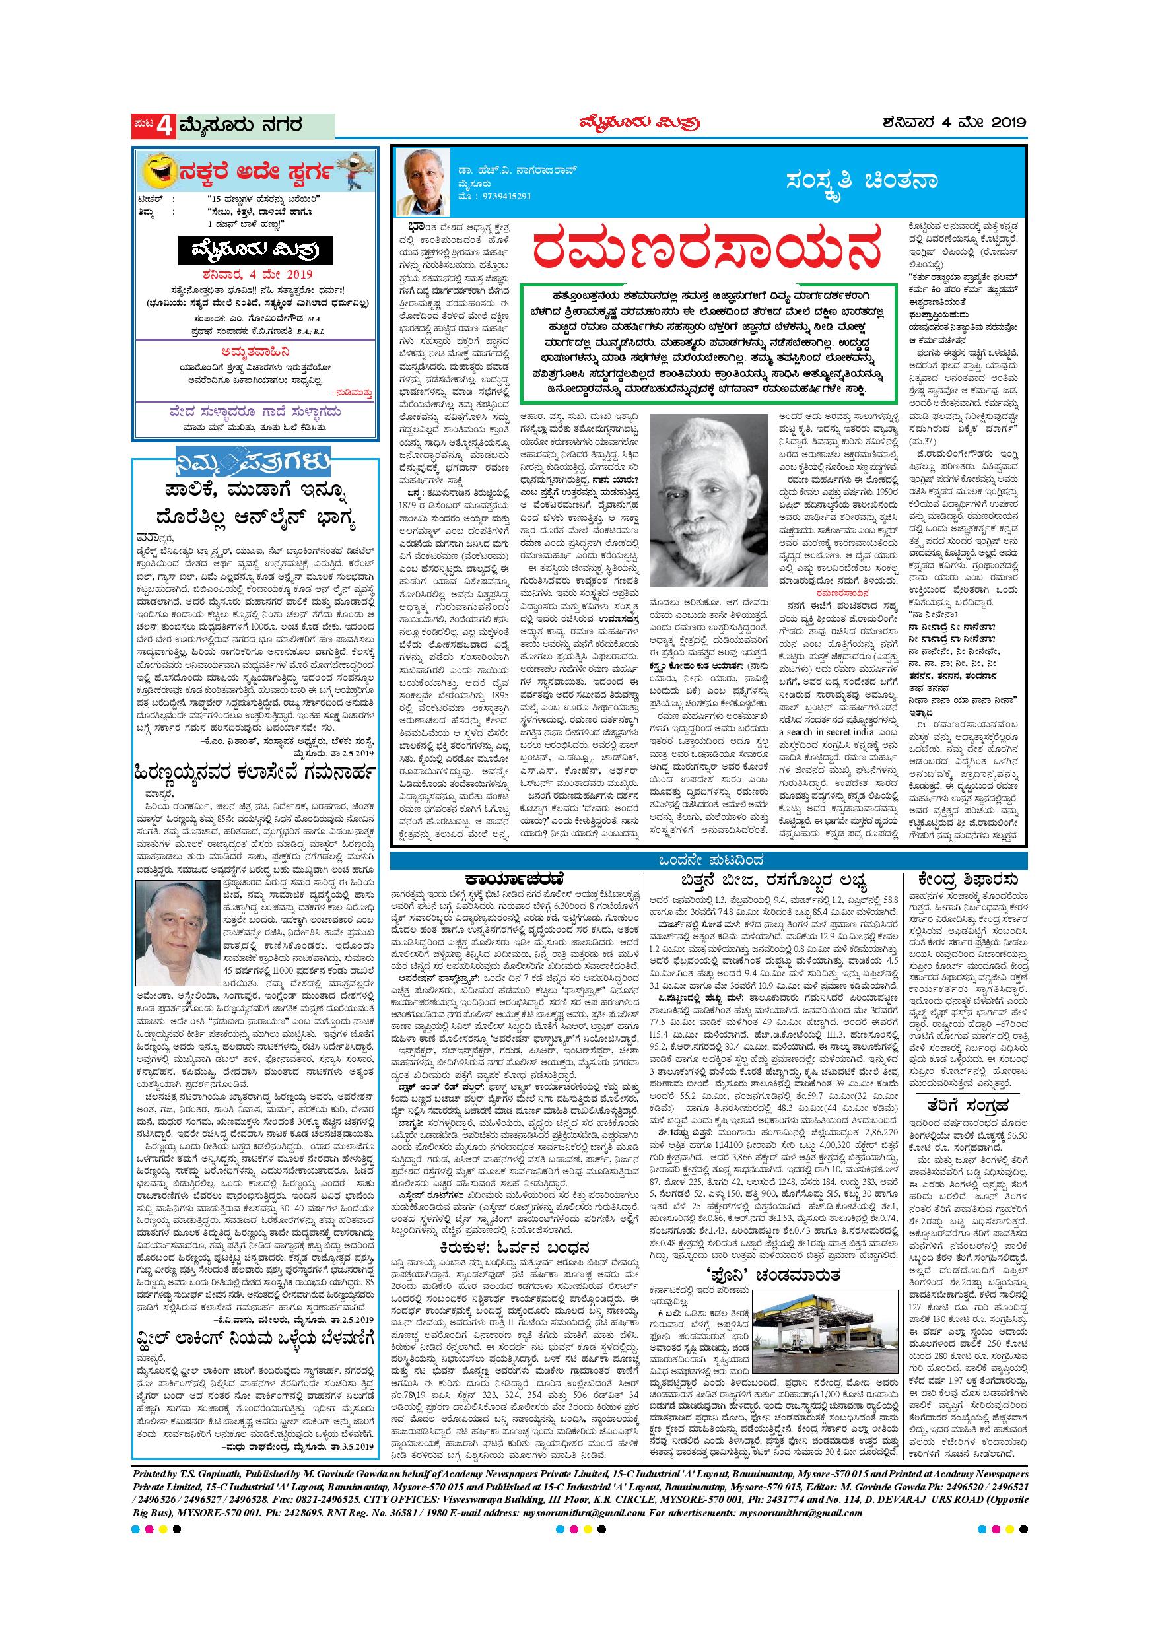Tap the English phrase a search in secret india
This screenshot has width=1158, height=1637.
pos(829,731)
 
